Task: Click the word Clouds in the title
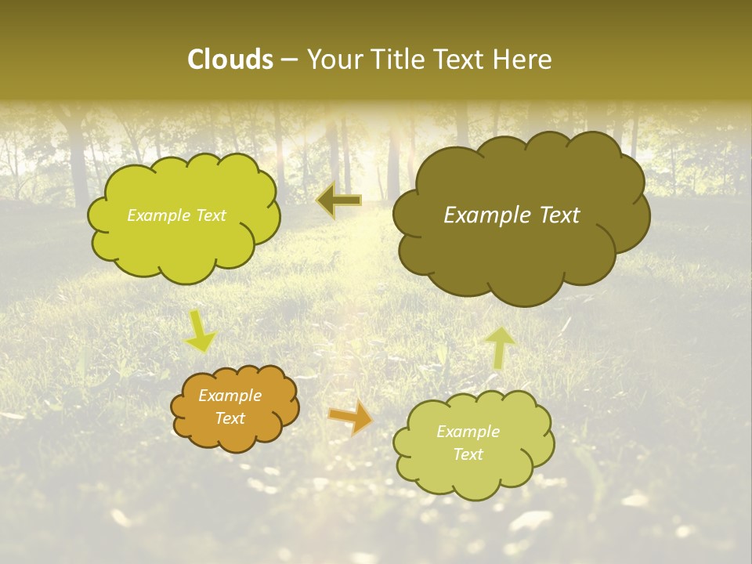[230, 60]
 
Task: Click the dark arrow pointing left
[338, 201]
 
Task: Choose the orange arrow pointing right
[350, 417]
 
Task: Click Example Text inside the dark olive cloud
[512, 215]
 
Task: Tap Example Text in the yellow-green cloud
[176, 215]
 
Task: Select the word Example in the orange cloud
[230, 396]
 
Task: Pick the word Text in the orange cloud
[230, 418]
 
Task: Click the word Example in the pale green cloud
[468, 432]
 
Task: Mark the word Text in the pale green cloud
[468, 454]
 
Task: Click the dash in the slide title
[288, 60]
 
